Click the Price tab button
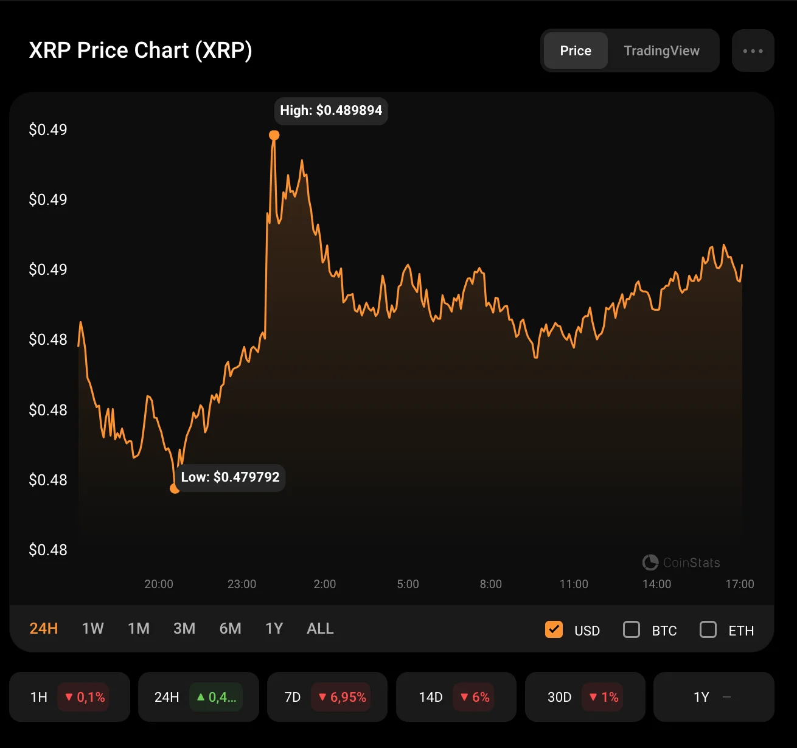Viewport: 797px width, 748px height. click(576, 50)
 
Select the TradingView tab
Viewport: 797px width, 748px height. click(661, 50)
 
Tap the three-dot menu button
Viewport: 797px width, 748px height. click(753, 51)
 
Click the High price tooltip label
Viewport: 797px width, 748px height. click(331, 111)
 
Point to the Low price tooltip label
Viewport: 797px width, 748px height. click(230, 477)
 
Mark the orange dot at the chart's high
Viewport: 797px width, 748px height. click(274, 135)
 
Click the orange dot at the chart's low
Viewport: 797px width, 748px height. click(175, 488)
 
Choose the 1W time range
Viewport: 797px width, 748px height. click(92, 628)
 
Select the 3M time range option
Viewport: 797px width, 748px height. click(184, 628)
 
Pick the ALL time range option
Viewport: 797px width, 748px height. click(320, 628)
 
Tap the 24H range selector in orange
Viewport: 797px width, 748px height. click(44, 628)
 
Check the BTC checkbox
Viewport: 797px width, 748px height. click(632, 629)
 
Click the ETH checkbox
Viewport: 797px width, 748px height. click(708, 629)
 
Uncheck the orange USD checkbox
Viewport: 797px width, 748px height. click(554, 629)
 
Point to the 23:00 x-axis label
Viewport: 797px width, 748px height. click(242, 584)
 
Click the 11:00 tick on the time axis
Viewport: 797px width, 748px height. click(574, 584)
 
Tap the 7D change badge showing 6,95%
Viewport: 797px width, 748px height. click(343, 697)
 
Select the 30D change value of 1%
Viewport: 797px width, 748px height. click(604, 697)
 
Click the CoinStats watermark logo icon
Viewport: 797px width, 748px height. click(650, 563)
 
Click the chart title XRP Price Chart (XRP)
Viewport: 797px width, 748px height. click(141, 50)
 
